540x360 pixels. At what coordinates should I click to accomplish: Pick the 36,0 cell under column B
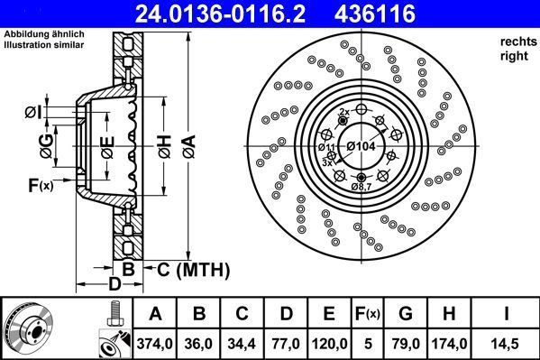(x=200, y=343)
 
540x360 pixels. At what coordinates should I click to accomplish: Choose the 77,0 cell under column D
(x=287, y=343)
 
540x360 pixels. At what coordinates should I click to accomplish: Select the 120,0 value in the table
(x=330, y=343)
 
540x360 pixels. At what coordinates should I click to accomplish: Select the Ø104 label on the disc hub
(x=362, y=146)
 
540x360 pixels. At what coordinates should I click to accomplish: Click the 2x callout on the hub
(x=343, y=112)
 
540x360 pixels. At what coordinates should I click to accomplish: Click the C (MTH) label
(x=193, y=270)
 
